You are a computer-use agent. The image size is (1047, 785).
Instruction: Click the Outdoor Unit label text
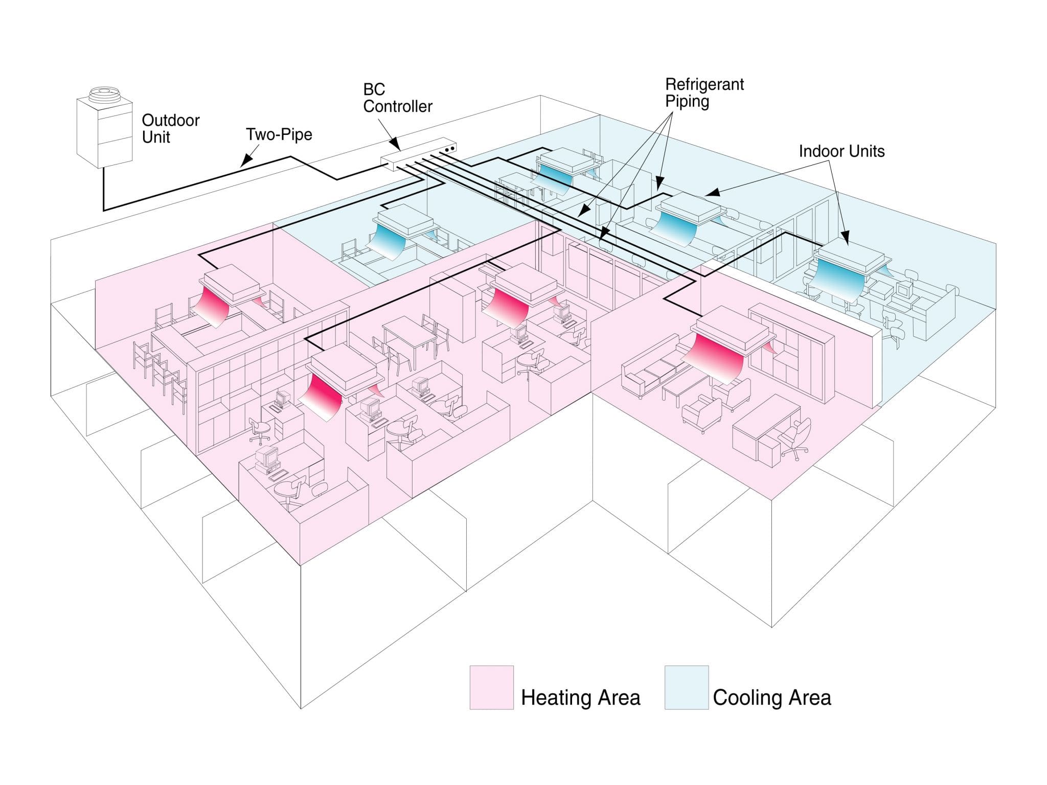pyautogui.click(x=170, y=129)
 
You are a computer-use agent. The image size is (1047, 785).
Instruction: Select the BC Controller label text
pyautogui.click(x=397, y=98)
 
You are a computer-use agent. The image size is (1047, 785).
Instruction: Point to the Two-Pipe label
pyautogui.click(x=279, y=135)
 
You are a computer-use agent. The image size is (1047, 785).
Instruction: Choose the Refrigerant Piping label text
pyautogui.click(x=704, y=93)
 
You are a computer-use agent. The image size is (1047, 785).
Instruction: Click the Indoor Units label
pyautogui.click(x=841, y=151)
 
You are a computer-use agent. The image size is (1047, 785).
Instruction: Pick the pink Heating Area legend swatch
pyautogui.click(x=491, y=687)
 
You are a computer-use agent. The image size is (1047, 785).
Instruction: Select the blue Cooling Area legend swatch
pyautogui.click(x=686, y=687)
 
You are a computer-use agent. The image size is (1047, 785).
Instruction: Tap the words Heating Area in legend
pyautogui.click(x=580, y=698)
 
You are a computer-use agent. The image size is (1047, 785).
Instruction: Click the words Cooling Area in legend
pyautogui.click(x=772, y=698)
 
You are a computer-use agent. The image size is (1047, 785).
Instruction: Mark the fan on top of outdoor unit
pyautogui.click(x=104, y=95)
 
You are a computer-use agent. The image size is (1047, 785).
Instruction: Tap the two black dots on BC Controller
pyautogui.click(x=449, y=149)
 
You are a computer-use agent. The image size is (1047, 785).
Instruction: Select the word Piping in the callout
pyautogui.click(x=687, y=102)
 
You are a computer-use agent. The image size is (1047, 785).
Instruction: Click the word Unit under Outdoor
pyautogui.click(x=156, y=137)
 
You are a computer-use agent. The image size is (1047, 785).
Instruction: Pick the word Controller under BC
pyautogui.click(x=397, y=107)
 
